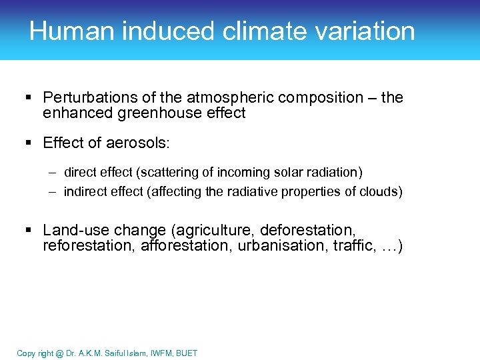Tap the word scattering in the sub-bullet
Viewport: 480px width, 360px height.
[x=165, y=173]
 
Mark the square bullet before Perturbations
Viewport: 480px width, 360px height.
[x=29, y=98]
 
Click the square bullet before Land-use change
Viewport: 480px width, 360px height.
[x=29, y=231]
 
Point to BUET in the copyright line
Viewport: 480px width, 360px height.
[x=186, y=353]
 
